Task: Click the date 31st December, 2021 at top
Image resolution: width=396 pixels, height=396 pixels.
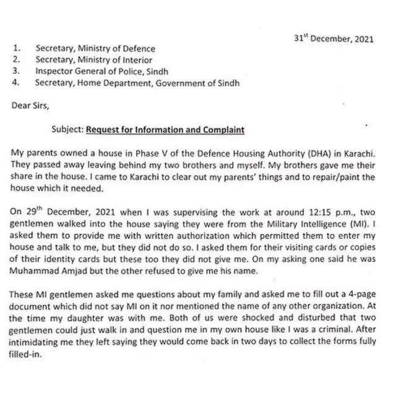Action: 334,38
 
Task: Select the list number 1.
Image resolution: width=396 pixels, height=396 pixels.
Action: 17,48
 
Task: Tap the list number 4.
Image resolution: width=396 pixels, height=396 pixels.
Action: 17,82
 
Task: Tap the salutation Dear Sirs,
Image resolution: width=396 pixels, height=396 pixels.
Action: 30,105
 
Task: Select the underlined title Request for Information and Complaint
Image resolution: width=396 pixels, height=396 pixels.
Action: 165,130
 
